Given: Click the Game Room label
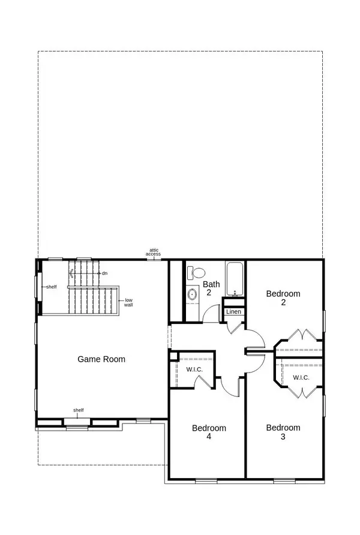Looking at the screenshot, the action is [x=101, y=359].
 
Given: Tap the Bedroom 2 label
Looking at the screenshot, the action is [x=283, y=298].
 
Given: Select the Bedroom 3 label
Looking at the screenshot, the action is [x=283, y=432].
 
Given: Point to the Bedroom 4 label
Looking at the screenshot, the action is [x=209, y=432].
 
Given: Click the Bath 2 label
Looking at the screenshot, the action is [x=211, y=288].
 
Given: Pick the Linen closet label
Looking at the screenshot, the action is [x=233, y=311].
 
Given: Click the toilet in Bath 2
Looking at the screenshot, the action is [x=196, y=273].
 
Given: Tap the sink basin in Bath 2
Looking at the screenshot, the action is [x=193, y=294].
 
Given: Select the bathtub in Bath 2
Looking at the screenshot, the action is [x=235, y=279].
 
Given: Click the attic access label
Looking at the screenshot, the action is [x=153, y=252].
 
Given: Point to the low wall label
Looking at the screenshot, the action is [x=128, y=302].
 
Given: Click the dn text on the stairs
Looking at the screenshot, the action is [x=104, y=273].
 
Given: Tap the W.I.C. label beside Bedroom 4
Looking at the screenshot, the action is [x=194, y=369].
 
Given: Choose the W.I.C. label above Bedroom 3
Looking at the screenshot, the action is [x=301, y=378].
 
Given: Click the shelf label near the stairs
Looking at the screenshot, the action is [x=52, y=287].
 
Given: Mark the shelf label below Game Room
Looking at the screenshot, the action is [x=79, y=410].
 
